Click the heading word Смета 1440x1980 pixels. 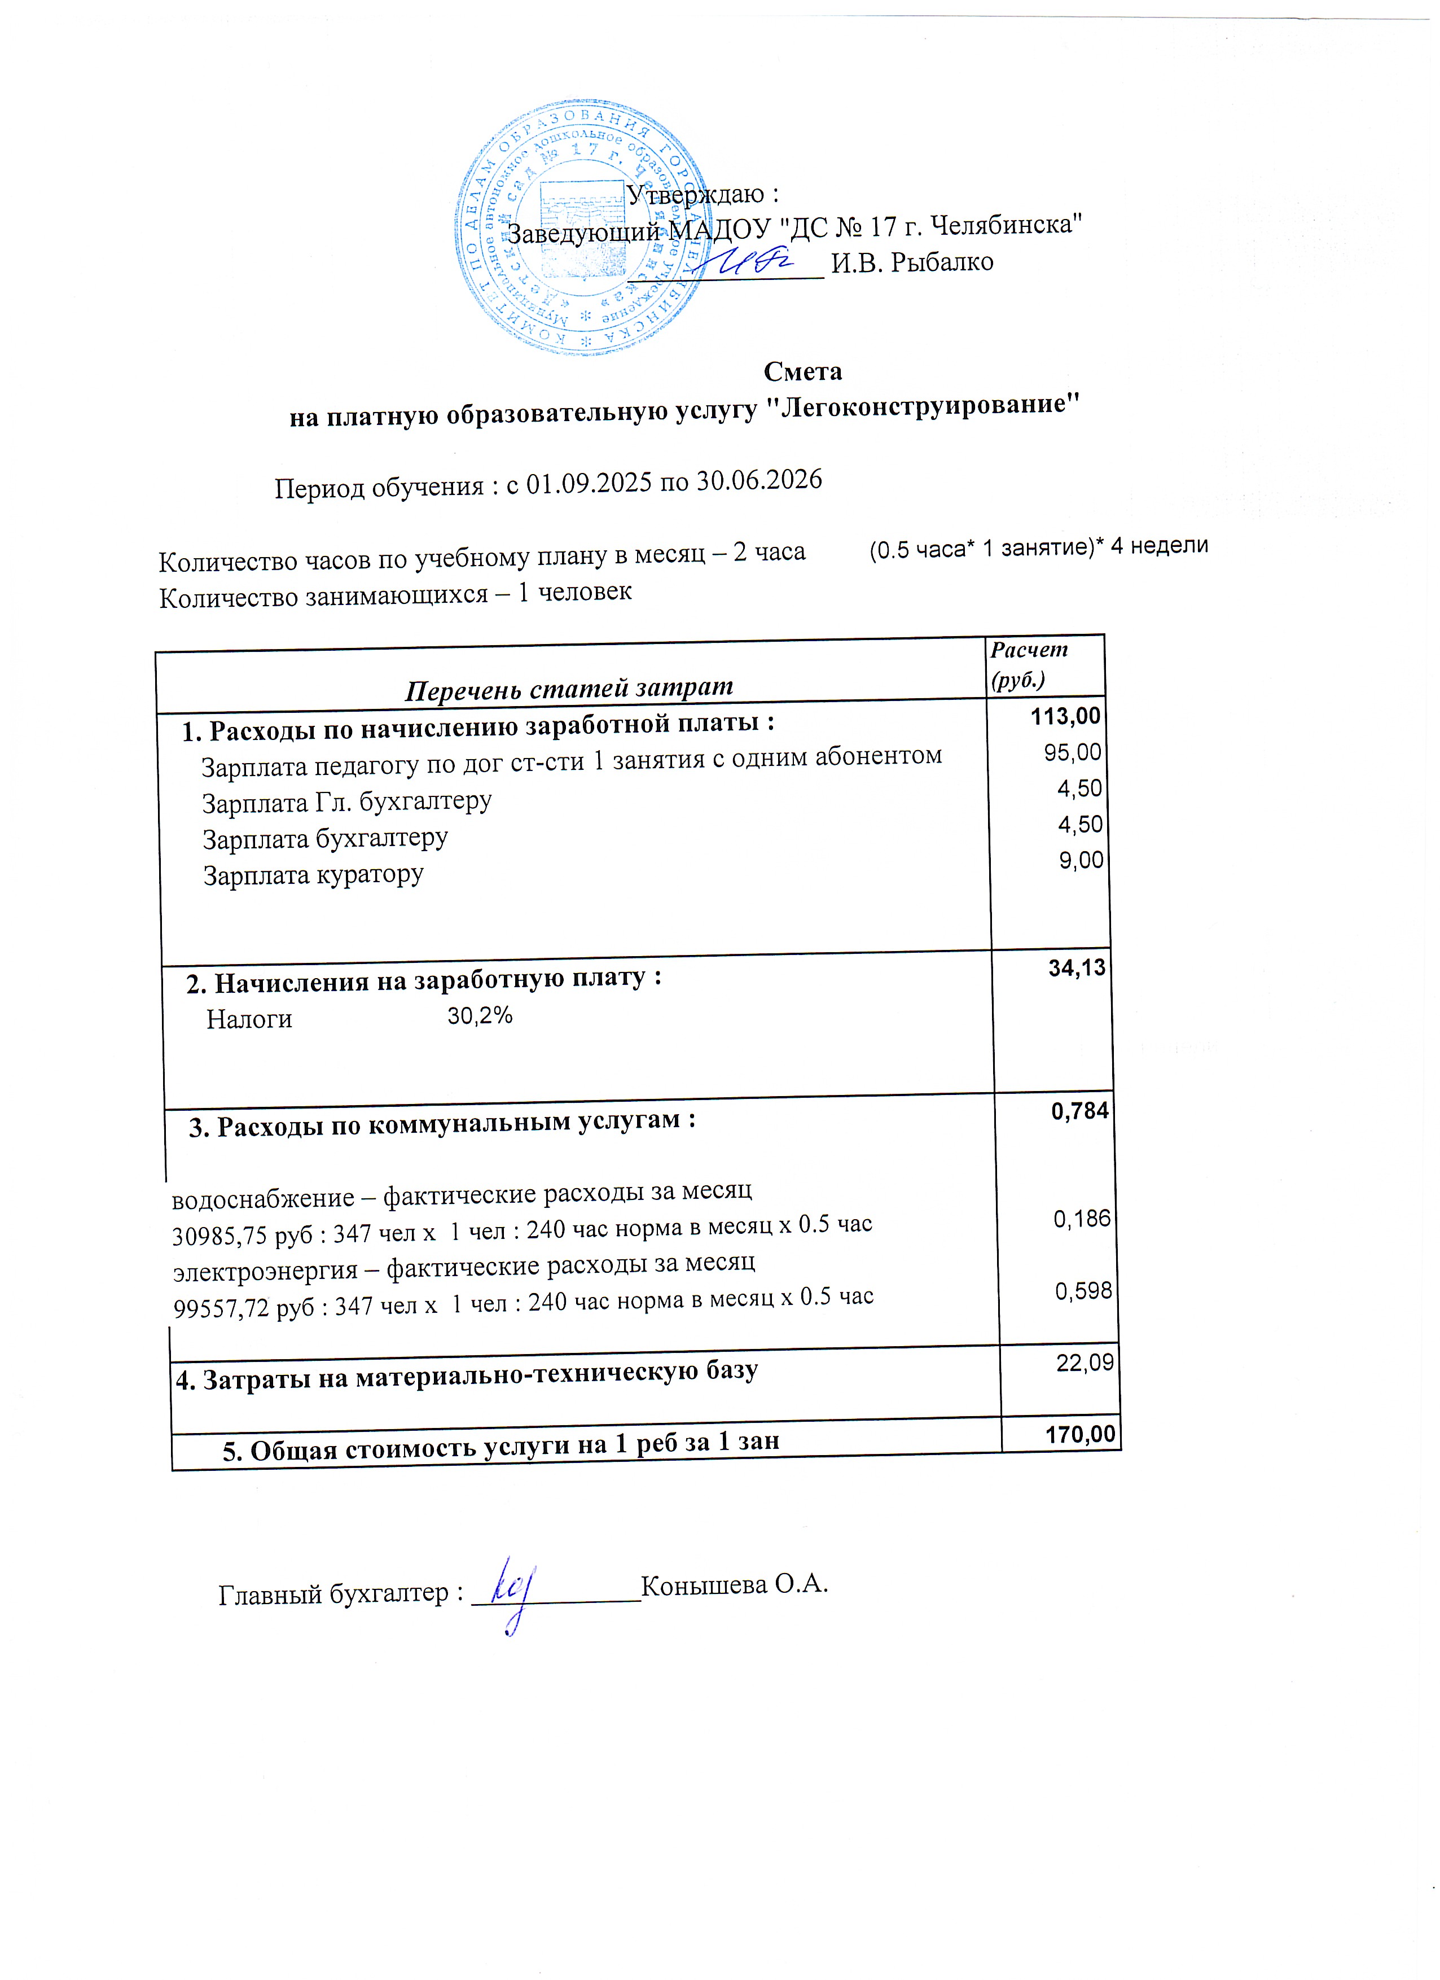(x=802, y=372)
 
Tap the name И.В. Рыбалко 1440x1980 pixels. (x=911, y=262)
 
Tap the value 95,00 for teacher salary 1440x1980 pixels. (x=1073, y=752)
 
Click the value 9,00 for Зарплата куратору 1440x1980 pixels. (x=1081, y=861)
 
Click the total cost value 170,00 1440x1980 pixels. (x=1081, y=1434)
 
